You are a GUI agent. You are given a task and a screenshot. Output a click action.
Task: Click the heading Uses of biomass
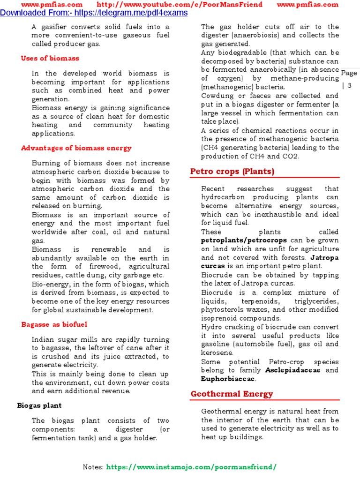coord(50,59)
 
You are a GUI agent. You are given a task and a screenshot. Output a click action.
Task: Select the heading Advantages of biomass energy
coord(76,148)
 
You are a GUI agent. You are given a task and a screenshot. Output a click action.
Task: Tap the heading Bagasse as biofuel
coord(54,324)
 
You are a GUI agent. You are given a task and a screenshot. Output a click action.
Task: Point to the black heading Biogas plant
coord(39,405)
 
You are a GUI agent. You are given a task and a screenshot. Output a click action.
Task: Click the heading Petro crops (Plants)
coord(232,172)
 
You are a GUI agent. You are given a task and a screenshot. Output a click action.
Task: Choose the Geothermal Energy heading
coord(232,394)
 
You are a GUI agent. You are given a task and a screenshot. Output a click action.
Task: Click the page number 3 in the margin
coord(350,85)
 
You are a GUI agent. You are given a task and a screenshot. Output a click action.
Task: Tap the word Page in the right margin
coord(349,73)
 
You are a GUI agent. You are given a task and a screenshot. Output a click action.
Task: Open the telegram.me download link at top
coord(94,13)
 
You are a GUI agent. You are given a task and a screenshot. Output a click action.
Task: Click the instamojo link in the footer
coord(191,467)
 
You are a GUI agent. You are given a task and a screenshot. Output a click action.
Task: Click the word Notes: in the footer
coord(93,467)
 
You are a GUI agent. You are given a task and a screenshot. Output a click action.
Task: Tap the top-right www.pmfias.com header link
coord(314,5)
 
